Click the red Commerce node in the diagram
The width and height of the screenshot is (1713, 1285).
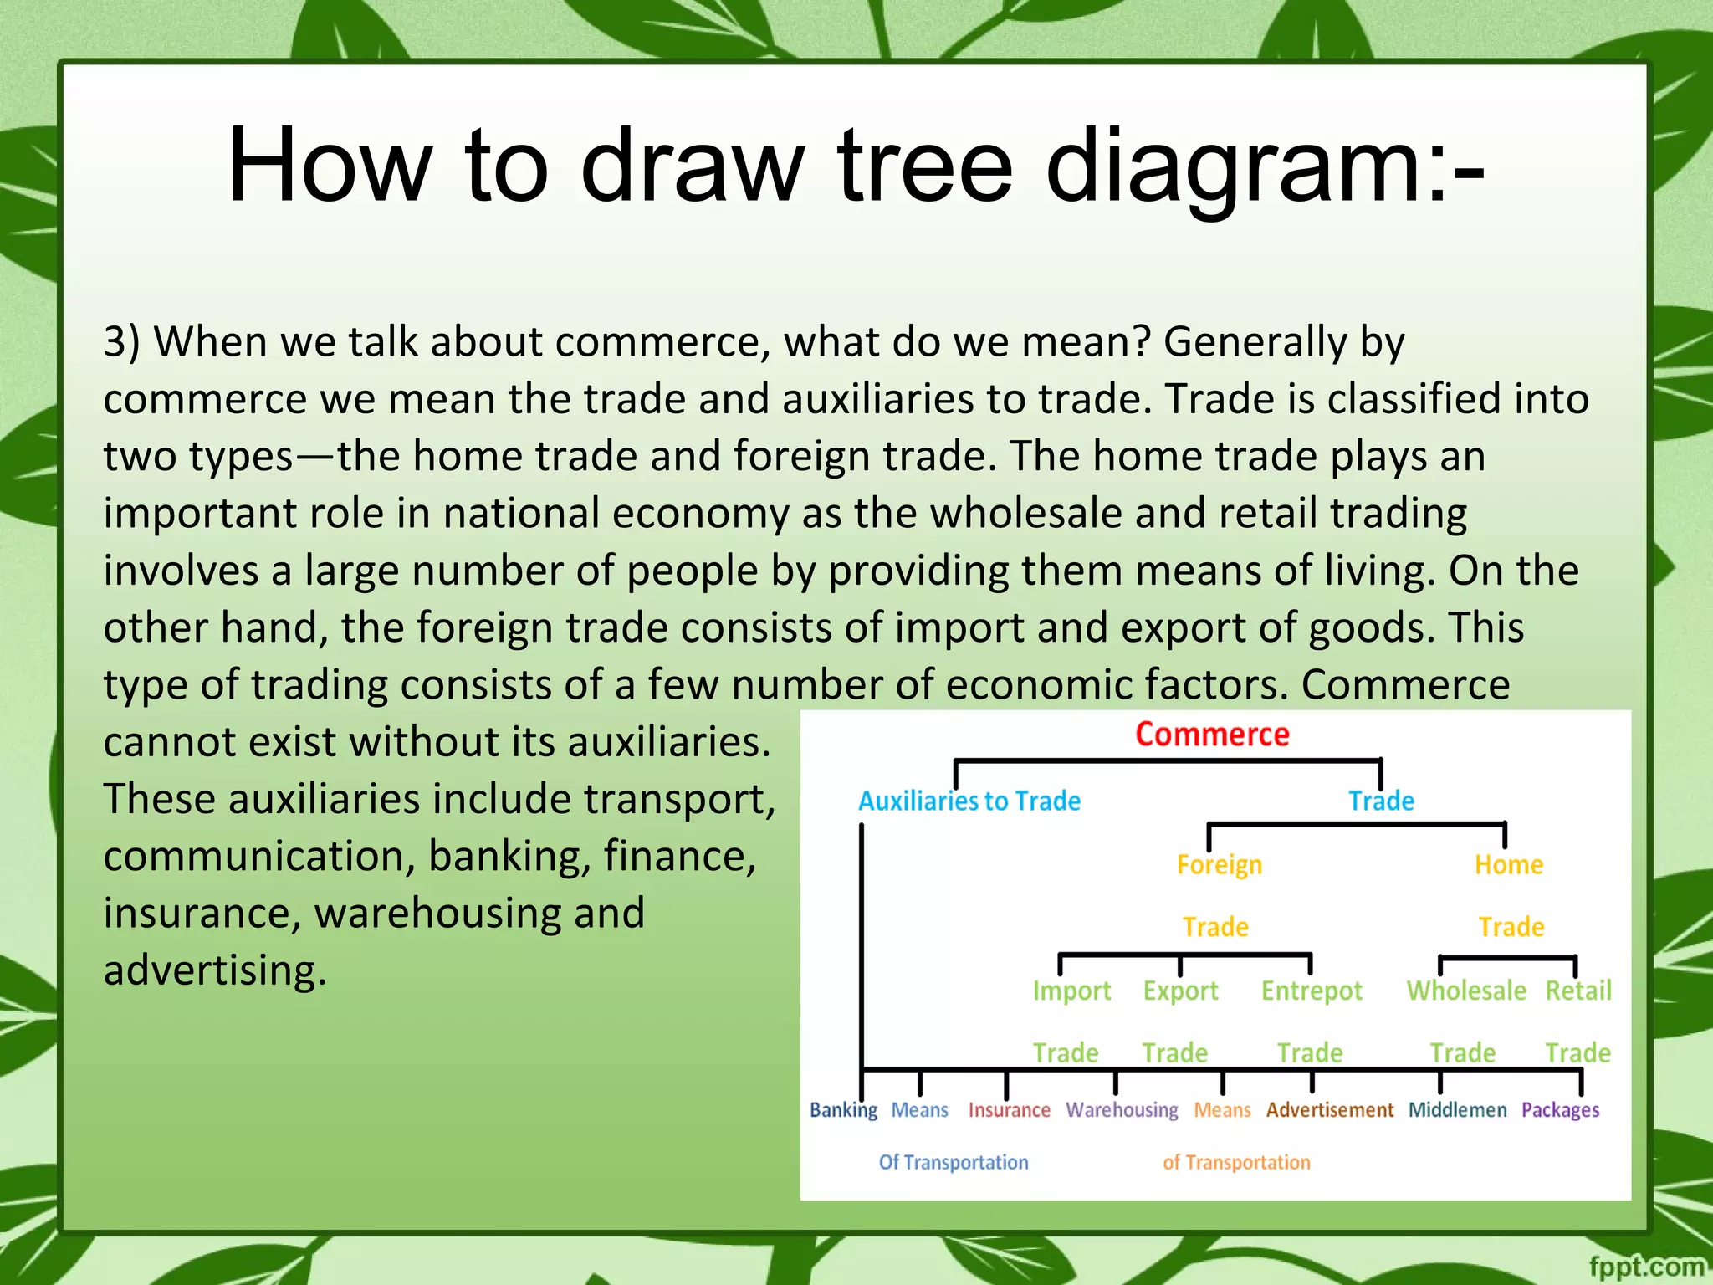pos(1211,735)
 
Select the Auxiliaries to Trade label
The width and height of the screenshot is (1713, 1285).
pos(969,801)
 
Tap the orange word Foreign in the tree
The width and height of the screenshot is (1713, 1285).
pos(1219,864)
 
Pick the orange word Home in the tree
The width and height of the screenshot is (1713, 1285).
pos(1508,864)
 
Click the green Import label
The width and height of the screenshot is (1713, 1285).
pos(1071,991)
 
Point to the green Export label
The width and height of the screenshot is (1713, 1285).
pos(1180,991)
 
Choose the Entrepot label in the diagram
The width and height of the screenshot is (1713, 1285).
pos(1312,991)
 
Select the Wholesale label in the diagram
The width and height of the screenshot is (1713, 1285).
pos(1465,991)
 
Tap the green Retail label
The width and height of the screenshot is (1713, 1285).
pos(1577,991)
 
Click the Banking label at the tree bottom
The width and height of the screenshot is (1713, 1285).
pos(843,1110)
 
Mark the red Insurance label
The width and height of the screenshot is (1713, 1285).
pos(1009,1110)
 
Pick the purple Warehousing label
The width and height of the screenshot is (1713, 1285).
pos(1122,1110)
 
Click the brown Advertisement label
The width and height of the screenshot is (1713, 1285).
pos(1329,1110)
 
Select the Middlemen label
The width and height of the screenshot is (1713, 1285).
pos(1457,1110)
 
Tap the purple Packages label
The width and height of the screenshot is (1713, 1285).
pos(1560,1110)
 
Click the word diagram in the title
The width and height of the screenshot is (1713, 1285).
pos(1264,167)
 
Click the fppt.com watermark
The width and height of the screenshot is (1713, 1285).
pos(1645,1267)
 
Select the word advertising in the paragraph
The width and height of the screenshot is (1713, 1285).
pos(214,970)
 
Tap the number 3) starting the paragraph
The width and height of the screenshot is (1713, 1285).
pos(122,342)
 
